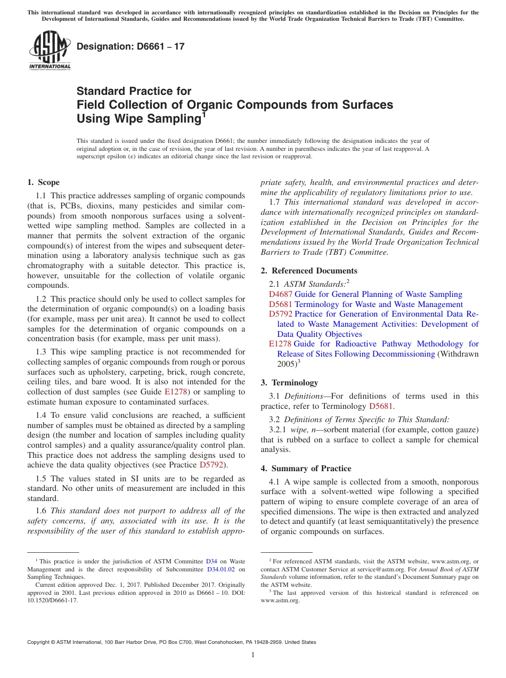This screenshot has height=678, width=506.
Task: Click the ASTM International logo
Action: (50, 51)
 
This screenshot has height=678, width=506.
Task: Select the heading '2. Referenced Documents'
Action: (309, 271)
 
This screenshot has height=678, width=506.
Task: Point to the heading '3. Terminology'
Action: (289, 383)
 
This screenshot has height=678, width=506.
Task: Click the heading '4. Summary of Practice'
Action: (306, 469)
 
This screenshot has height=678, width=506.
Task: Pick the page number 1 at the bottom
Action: (253, 655)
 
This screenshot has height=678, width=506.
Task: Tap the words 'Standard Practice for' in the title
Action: (134, 91)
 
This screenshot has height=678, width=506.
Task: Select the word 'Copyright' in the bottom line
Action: (39, 642)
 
